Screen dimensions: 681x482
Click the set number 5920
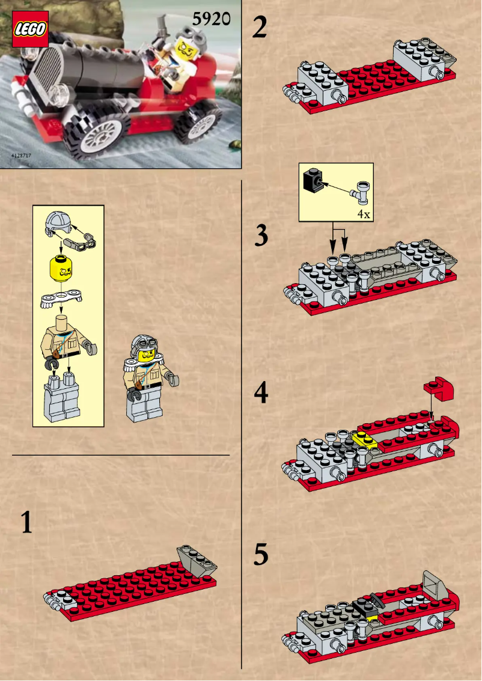[x=211, y=20]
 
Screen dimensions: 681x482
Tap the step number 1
[x=26, y=522]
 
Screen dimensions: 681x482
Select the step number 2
[x=260, y=28]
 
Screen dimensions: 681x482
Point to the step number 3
[x=261, y=236]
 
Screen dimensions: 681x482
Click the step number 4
[x=261, y=393]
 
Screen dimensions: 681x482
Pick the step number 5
[x=261, y=555]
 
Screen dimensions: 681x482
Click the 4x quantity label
[x=363, y=213]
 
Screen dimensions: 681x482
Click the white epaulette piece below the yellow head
[x=61, y=299]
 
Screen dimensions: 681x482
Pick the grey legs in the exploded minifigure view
[x=63, y=400]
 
